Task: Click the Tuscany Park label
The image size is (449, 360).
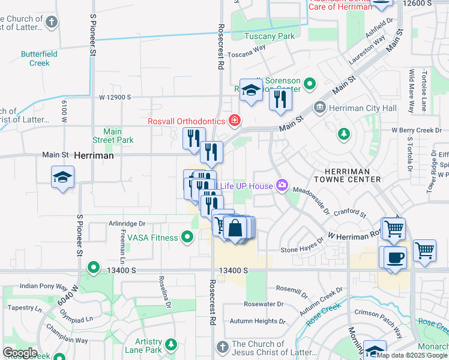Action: click(x=270, y=36)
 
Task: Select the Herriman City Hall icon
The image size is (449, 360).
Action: click(x=319, y=108)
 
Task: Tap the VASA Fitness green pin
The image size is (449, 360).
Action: click(x=188, y=238)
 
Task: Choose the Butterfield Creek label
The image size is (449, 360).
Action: click(x=39, y=58)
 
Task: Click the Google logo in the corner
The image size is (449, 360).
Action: click(x=20, y=353)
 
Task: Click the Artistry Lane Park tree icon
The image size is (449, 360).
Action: click(x=172, y=344)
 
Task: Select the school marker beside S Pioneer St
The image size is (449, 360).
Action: click(x=62, y=177)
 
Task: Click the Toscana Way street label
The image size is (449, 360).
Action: click(x=246, y=52)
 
